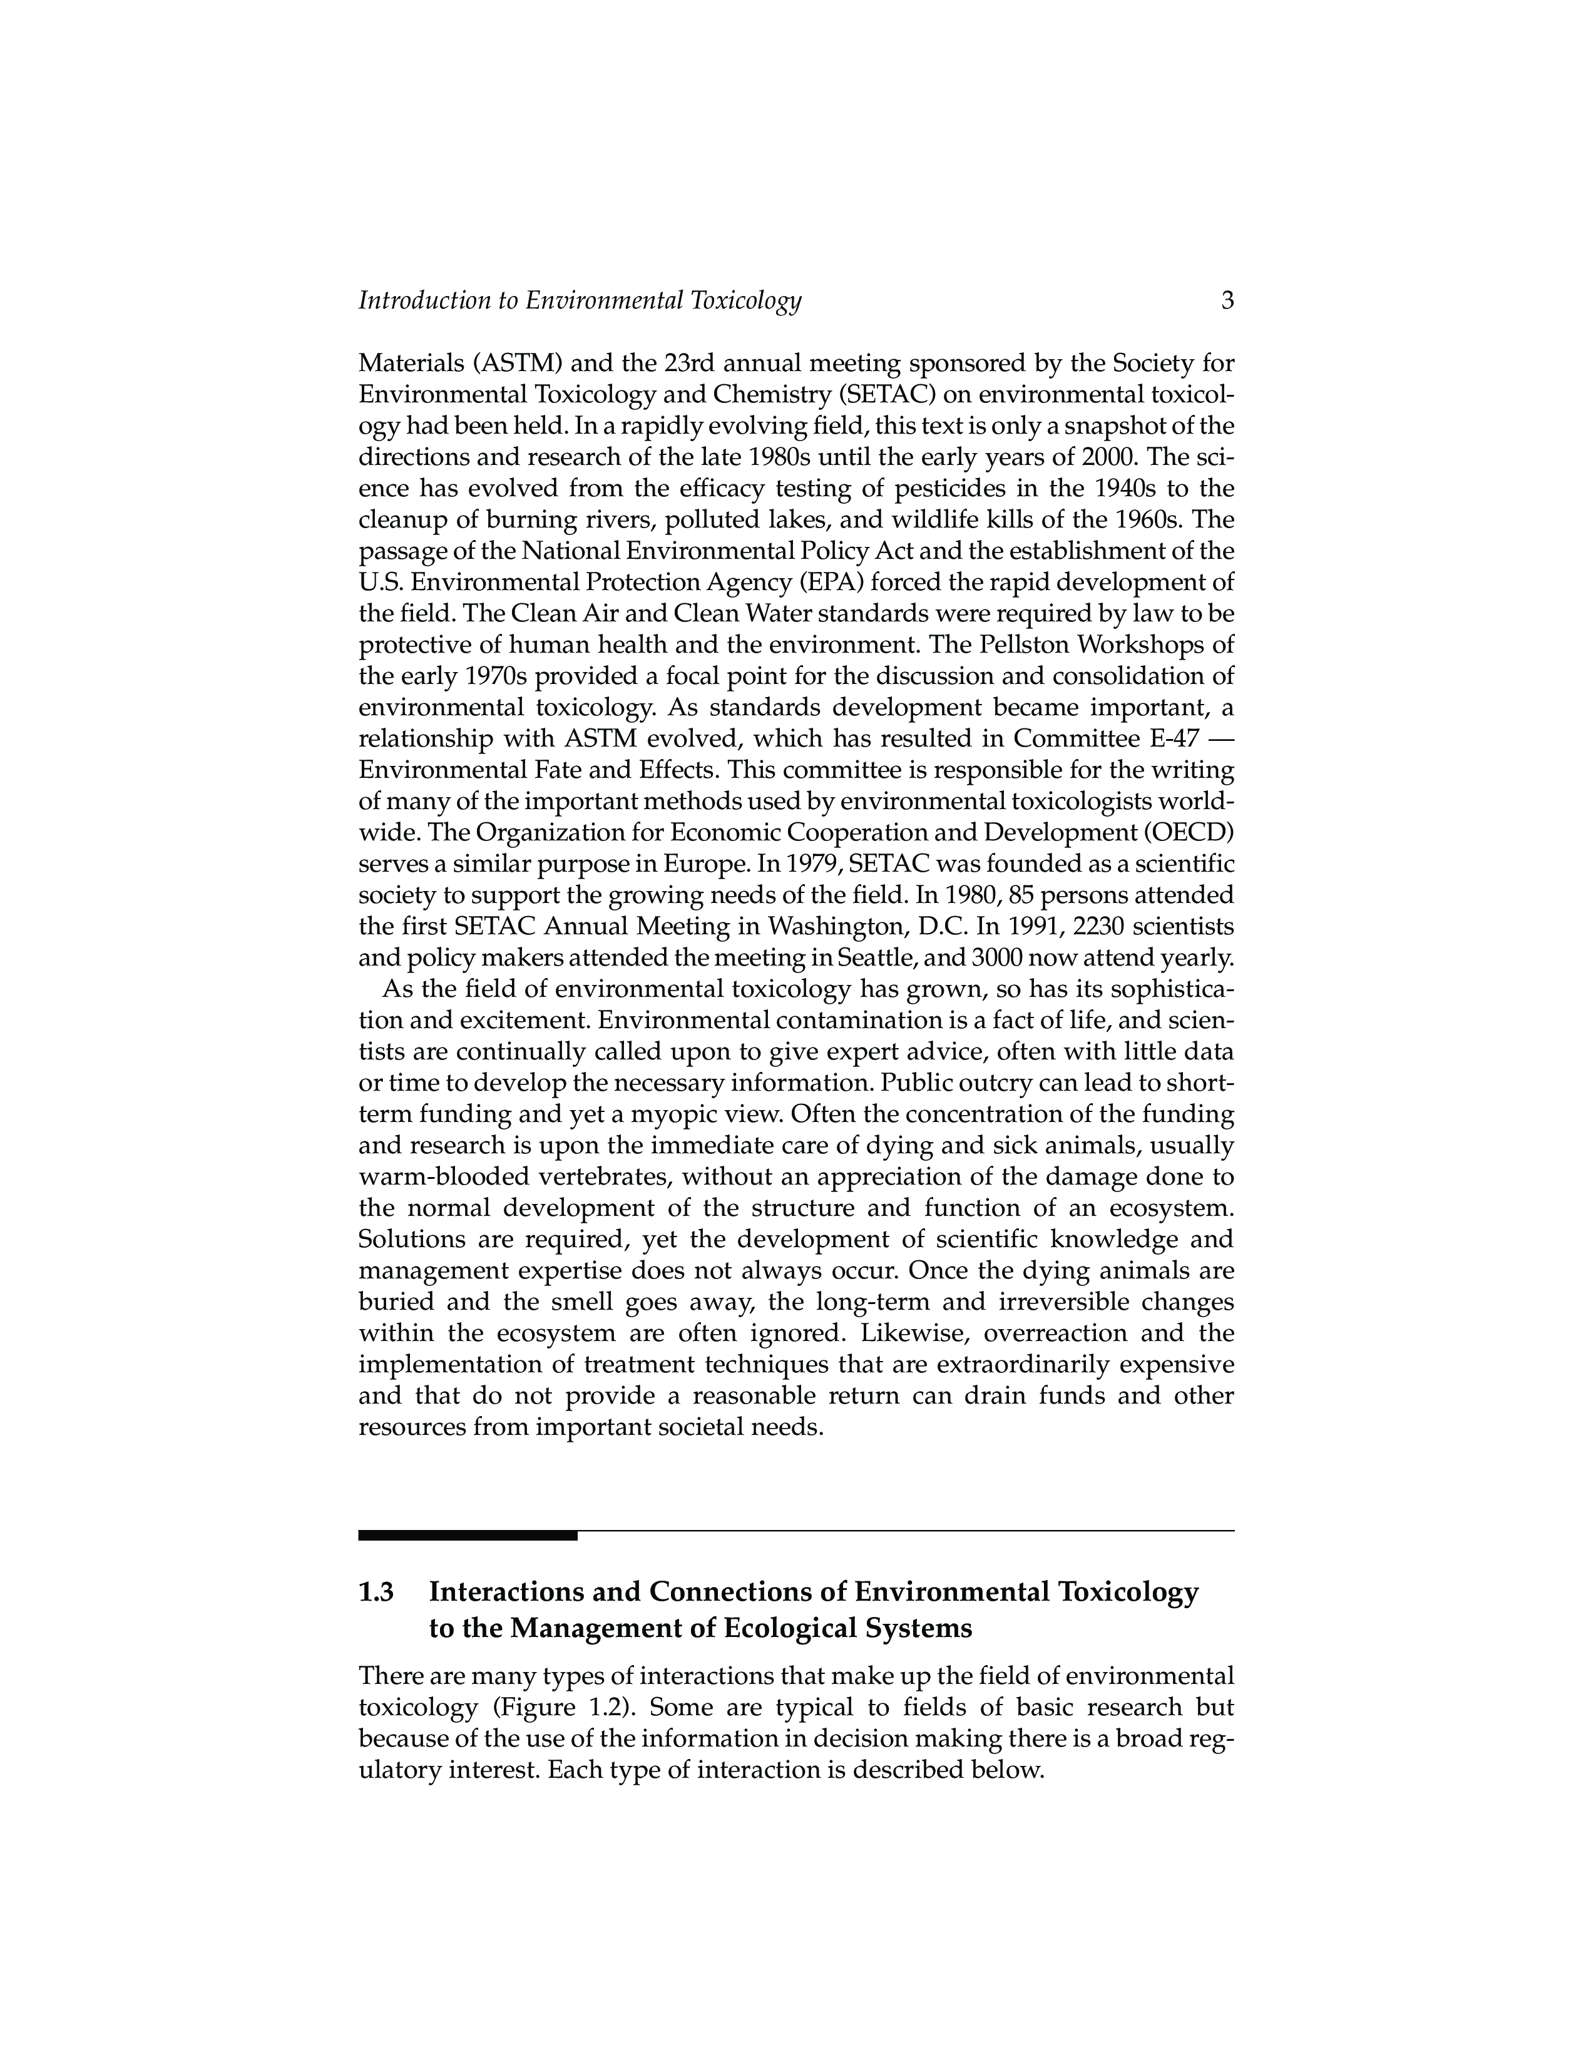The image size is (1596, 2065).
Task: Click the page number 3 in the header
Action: click(x=1227, y=300)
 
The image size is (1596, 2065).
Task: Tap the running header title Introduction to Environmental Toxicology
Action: click(x=580, y=300)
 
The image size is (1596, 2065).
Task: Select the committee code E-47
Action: click(x=1170, y=738)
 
